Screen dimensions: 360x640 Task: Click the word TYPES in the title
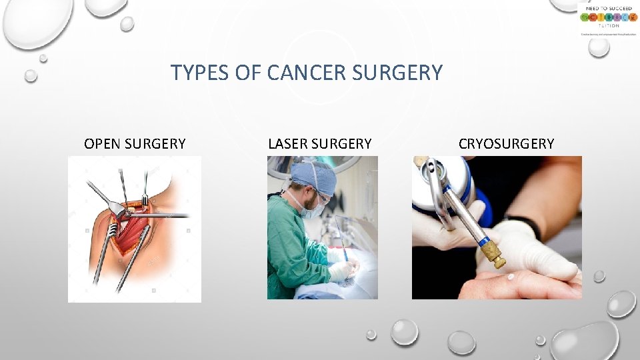click(x=194, y=73)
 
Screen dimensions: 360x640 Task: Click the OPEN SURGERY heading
click(x=135, y=143)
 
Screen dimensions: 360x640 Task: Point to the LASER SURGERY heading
click(x=319, y=143)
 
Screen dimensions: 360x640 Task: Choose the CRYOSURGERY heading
click(x=506, y=143)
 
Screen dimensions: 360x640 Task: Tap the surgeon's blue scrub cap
click(x=313, y=175)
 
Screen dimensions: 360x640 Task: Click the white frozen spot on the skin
click(x=510, y=277)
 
